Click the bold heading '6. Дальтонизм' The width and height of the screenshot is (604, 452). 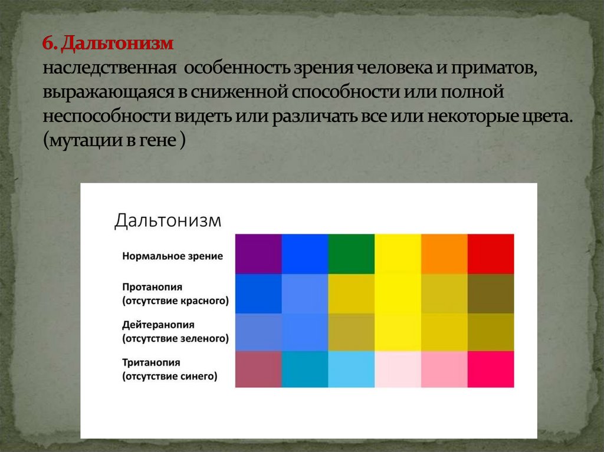(107, 44)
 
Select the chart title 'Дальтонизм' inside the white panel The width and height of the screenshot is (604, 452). (168, 221)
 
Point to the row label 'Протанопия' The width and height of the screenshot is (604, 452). (152, 287)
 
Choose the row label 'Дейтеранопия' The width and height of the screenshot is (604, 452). (158, 325)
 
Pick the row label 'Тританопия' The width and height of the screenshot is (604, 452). (151, 362)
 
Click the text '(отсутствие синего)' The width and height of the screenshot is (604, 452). (170, 376)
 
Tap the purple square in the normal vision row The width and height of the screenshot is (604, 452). (258, 254)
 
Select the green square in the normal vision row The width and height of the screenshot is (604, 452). (351, 254)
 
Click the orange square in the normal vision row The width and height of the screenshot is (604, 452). (444, 254)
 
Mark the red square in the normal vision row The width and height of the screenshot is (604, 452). (491, 254)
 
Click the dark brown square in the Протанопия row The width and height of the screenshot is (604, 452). (491, 293)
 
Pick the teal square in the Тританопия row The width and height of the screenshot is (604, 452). (305, 369)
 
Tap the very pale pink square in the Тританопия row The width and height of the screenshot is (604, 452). (398, 369)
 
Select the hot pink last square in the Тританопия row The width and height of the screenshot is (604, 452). (491, 369)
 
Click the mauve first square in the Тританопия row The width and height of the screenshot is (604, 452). (258, 369)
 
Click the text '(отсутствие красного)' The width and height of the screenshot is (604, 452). (175, 301)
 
